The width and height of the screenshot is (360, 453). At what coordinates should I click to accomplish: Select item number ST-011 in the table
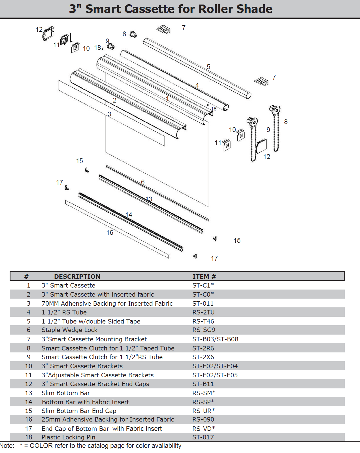tap(203, 303)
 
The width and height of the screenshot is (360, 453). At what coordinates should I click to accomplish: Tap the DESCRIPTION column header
tap(77, 277)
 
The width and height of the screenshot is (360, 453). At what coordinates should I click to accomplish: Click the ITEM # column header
tap(204, 277)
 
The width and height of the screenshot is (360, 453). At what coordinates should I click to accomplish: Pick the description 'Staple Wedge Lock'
tap(69, 330)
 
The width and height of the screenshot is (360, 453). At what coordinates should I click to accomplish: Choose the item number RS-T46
tap(203, 321)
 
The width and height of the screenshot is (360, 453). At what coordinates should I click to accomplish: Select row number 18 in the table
tap(29, 437)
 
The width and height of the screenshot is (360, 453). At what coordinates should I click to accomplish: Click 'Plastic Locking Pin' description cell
tap(68, 437)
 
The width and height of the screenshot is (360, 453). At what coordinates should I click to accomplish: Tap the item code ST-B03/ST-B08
tap(215, 339)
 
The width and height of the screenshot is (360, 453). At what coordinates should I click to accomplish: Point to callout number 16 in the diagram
tap(110, 233)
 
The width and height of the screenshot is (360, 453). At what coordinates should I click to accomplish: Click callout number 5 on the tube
tap(208, 67)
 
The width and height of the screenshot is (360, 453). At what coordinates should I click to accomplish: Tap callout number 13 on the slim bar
tap(149, 199)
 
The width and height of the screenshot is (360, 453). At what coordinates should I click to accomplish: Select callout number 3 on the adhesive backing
tap(110, 114)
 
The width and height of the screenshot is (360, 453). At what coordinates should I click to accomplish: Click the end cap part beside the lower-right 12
tap(261, 146)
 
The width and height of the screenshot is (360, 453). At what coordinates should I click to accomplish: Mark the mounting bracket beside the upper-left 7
tap(164, 29)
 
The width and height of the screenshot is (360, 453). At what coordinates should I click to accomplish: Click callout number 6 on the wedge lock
tap(143, 182)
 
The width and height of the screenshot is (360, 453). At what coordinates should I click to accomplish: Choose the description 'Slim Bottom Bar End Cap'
tap(79, 411)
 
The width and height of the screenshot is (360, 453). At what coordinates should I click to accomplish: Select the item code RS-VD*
tap(203, 428)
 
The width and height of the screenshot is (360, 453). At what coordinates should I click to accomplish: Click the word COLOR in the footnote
tap(41, 446)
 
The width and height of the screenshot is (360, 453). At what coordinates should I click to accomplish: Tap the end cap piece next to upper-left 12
tap(48, 33)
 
